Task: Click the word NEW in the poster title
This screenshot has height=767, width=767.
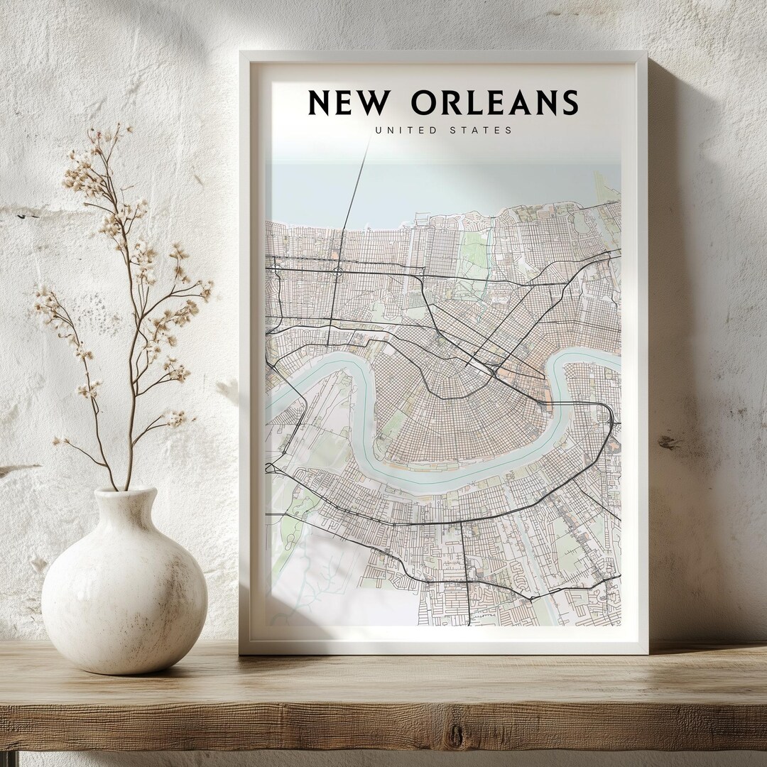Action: point(349,103)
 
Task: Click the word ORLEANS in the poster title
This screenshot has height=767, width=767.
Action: point(494,103)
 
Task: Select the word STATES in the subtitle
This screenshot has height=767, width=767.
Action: point(481,130)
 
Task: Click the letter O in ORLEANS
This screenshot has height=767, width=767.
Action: point(425,103)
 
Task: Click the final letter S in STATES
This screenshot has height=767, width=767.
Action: point(508,130)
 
